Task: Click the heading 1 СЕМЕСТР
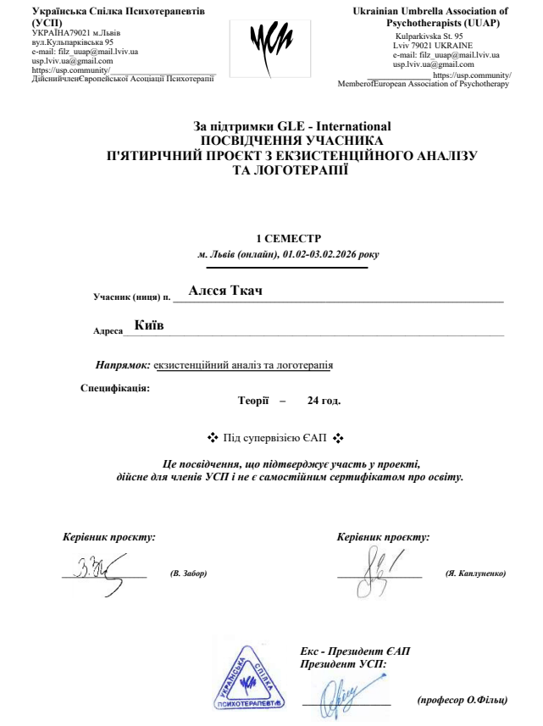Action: click(289, 239)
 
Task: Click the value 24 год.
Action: click(324, 400)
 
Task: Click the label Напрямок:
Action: click(124, 365)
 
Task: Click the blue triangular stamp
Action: click(249, 678)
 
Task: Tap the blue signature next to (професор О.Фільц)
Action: click(349, 692)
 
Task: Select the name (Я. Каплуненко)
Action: click(475, 574)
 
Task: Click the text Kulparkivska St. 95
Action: click(429, 36)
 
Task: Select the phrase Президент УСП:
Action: click(343, 665)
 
